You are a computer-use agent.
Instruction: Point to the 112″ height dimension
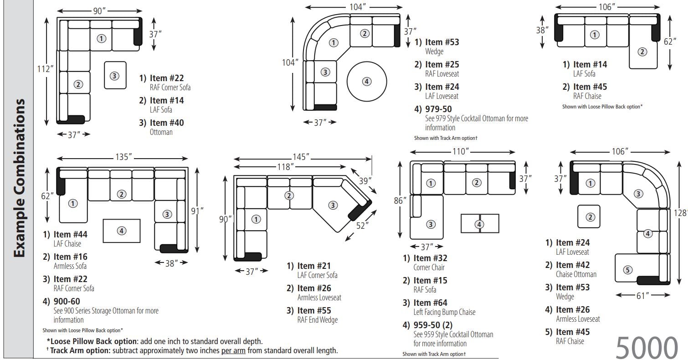pos(46,69)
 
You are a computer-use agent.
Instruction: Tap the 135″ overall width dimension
pos(123,157)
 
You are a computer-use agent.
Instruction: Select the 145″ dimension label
pos(301,157)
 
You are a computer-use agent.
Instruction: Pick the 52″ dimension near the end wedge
pos(362,225)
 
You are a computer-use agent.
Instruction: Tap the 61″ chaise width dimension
pos(642,296)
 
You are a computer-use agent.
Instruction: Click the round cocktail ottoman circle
pos(366,82)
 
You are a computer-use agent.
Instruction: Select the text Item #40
pos(167,123)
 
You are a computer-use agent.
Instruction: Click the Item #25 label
pos(442,64)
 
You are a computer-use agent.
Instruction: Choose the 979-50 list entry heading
pos(438,109)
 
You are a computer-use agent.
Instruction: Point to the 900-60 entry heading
pos(67,301)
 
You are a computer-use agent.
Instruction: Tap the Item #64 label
pos(430,303)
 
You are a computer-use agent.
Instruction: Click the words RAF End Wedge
pos(317,320)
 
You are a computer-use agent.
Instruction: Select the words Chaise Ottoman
pos(576,274)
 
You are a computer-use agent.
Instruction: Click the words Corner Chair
pos(429,267)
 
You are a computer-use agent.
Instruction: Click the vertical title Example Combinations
pos(19,178)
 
